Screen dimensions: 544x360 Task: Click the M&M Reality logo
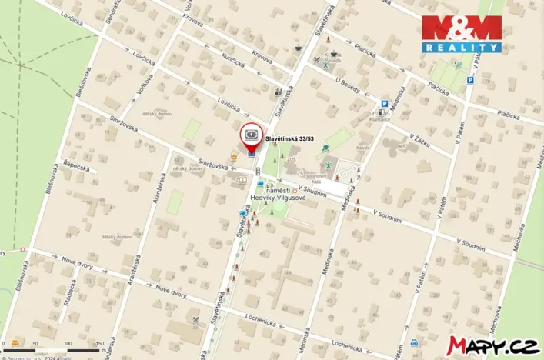click(x=461, y=34)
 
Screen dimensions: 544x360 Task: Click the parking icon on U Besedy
click(x=383, y=104)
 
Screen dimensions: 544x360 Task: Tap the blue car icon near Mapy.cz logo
click(x=414, y=343)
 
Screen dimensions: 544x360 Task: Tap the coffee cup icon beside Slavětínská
click(x=299, y=48)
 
